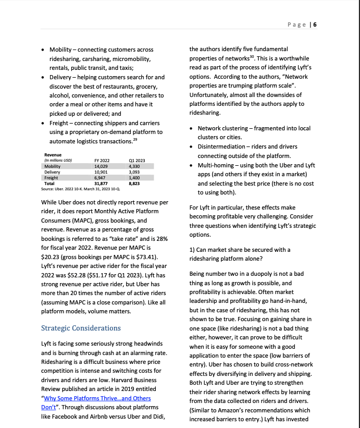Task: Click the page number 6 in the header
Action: click(315, 25)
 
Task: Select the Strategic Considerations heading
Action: click(81, 328)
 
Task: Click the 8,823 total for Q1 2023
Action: click(134, 184)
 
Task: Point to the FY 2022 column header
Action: click(102, 160)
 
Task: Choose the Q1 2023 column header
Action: click(136, 160)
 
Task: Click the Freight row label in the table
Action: click(51, 178)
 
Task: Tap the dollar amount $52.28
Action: click(60, 276)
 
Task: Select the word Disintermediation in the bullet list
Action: click(221, 146)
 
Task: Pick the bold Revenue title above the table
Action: click(53, 155)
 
